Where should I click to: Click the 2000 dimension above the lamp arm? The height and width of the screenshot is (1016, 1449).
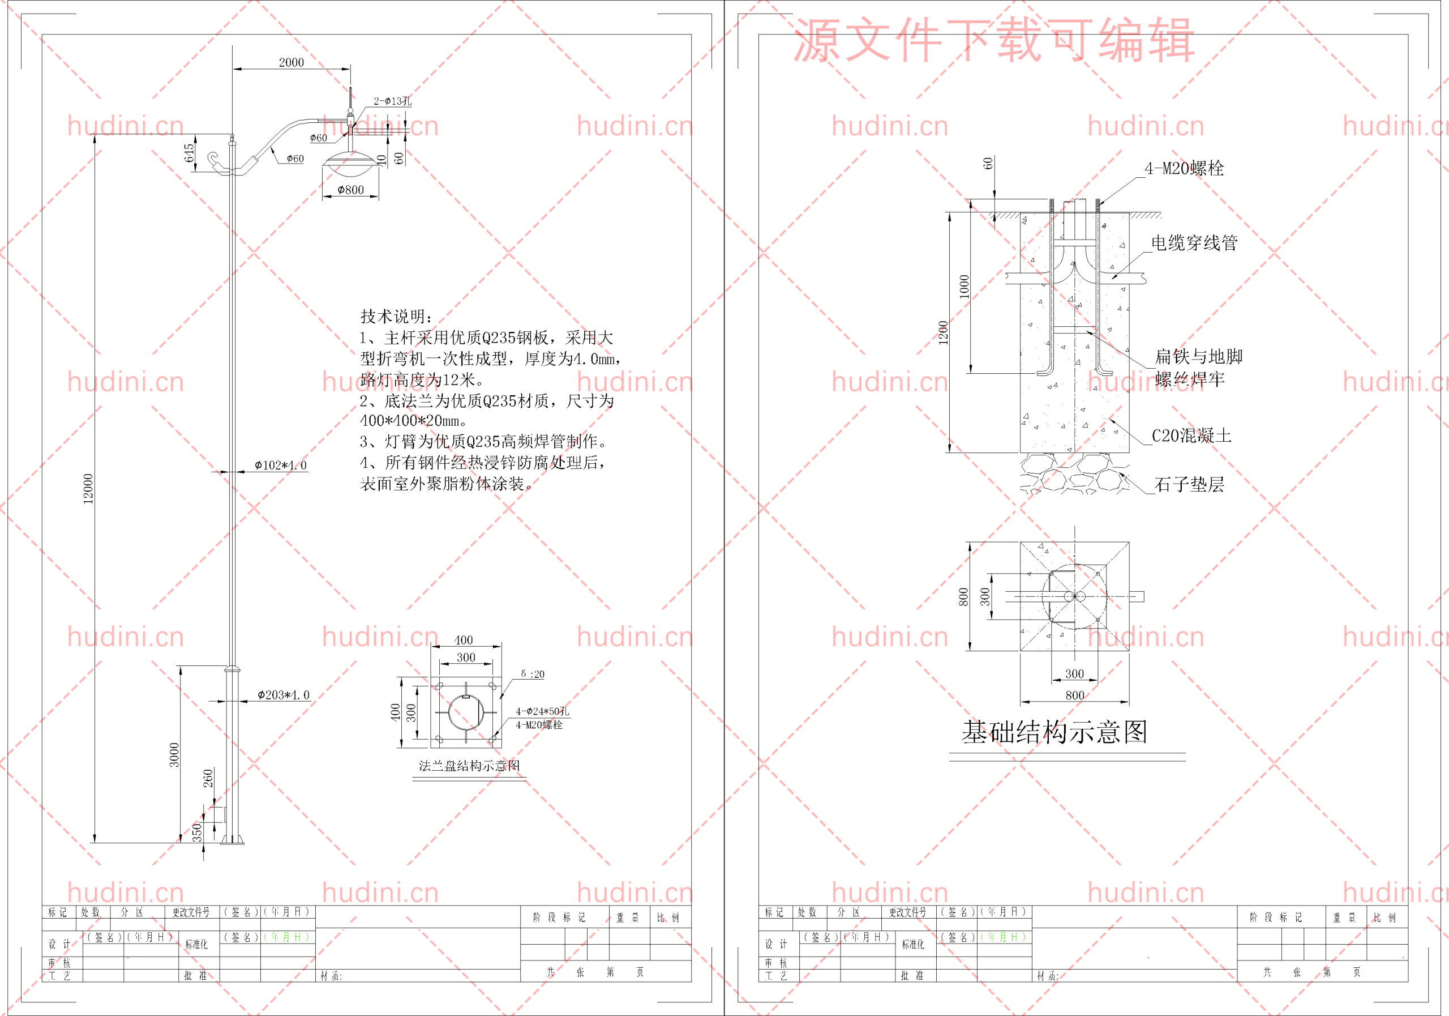coord(291,62)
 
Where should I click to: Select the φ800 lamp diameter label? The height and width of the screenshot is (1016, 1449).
coord(350,189)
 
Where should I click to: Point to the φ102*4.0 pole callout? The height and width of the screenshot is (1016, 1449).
coord(280,465)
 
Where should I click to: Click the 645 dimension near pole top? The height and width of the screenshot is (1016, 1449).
coord(188,153)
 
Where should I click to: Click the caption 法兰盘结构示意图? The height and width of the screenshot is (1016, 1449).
coord(469,765)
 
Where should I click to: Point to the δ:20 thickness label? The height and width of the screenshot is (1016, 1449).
coord(532,674)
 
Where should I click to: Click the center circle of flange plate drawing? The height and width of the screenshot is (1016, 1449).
coord(466,712)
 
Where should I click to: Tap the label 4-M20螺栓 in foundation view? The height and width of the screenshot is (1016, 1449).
coord(1184,168)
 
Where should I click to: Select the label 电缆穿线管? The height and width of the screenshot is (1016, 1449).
coord(1194,242)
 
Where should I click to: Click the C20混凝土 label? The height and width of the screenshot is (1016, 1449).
coord(1191,435)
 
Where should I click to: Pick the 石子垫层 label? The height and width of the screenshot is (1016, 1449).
coord(1189,484)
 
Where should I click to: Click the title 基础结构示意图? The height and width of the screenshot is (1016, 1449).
coord(1054,732)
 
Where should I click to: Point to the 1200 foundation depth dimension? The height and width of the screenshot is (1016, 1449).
coord(943,333)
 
